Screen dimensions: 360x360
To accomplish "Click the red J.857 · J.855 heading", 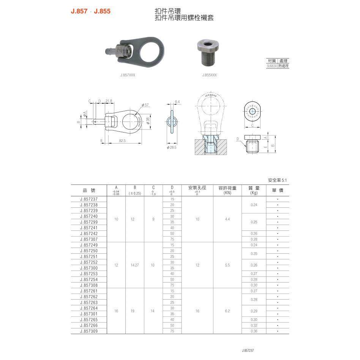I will point(90,11).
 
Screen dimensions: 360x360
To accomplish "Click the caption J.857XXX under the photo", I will point(128,75).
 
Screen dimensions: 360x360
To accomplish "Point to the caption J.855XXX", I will point(209,75).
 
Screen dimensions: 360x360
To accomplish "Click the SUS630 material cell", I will point(272,66).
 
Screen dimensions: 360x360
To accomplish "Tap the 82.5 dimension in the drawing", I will point(122,141).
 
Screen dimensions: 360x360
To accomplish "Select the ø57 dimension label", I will point(144,104).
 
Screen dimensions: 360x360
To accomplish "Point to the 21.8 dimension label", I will point(109,101).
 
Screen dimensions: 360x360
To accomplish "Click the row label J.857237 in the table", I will point(89,199).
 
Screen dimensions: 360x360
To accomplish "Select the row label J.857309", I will point(89,331).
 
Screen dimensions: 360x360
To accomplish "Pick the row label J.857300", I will point(89,268).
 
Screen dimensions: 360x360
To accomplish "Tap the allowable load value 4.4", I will point(227,219).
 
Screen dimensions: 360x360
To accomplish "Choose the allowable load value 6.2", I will point(227,311).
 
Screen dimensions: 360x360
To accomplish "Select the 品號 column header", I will point(89,190).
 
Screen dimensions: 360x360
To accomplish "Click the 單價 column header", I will point(278,190).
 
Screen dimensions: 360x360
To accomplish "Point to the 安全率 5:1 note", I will point(278,180).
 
